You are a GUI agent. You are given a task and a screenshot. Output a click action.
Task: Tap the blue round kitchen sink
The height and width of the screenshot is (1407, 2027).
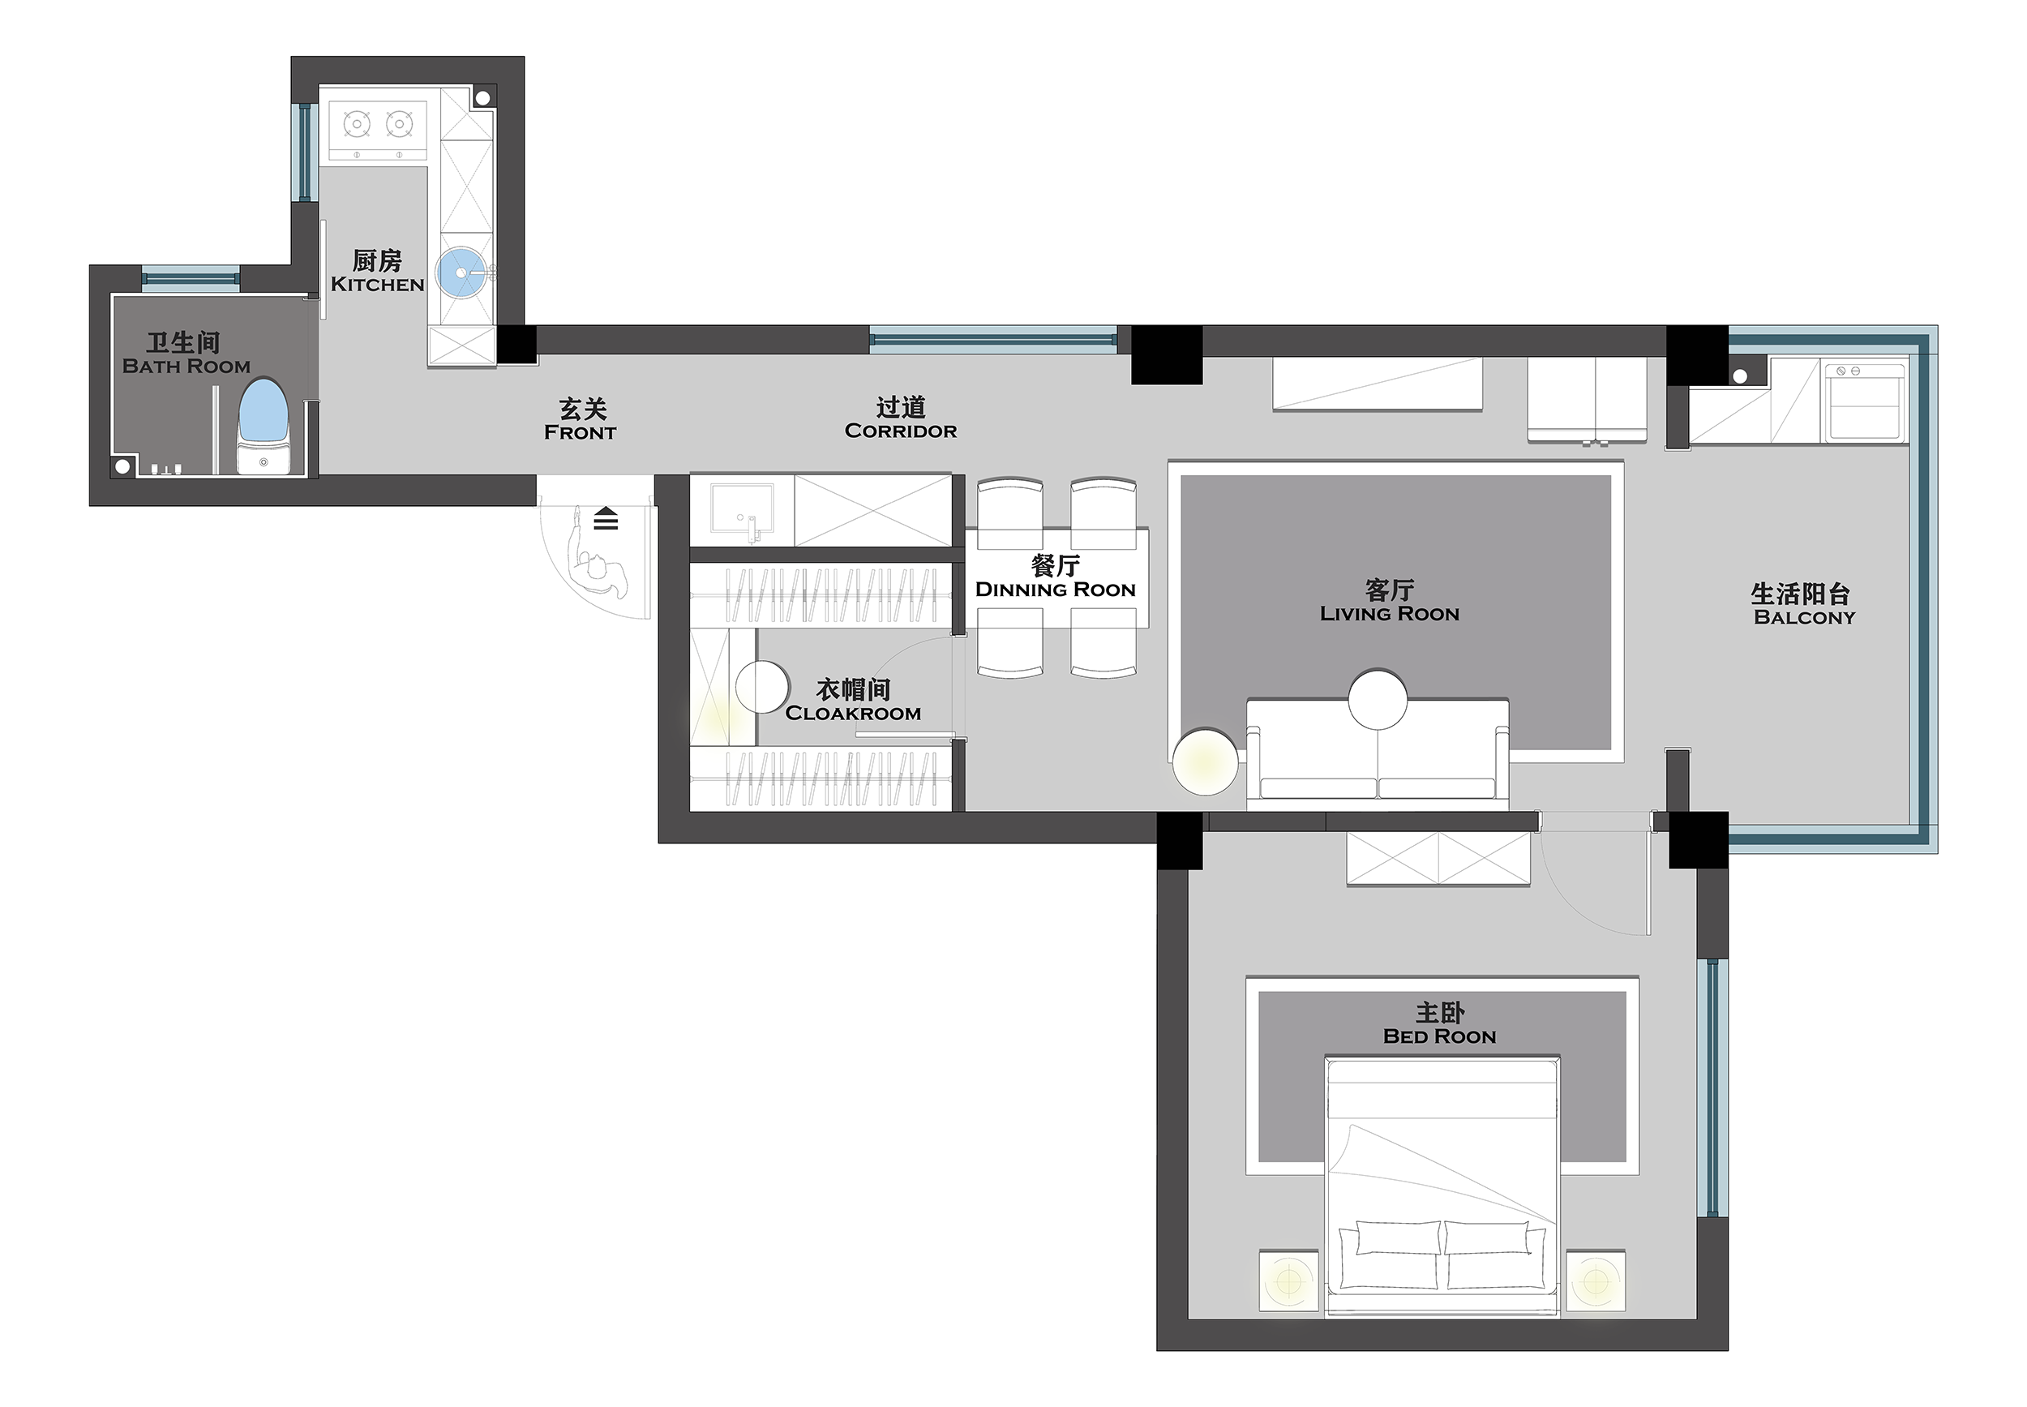pyautogui.click(x=461, y=272)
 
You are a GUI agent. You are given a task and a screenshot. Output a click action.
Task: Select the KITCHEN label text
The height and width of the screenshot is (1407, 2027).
pyautogui.click(x=377, y=285)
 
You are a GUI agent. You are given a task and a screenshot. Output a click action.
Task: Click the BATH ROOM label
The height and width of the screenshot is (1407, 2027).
pyautogui.click(x=186, y=367)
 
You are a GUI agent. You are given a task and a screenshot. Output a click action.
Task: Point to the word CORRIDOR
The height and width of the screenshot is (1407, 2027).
pyautogui.click(x=901, y=431)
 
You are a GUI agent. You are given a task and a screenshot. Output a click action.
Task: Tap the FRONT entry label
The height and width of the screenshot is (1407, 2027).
pyautogui.click(x=580, y=433)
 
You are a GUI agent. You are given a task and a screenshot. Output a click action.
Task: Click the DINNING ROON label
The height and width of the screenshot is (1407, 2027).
pyautogui.click(x=1055, y=590)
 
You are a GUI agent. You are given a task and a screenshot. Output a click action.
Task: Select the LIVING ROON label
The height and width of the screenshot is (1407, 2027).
pyautogui.click(x=1389, y=615)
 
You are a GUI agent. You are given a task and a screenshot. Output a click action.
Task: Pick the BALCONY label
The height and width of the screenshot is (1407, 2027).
pyautogui.click(x=1804, y=618)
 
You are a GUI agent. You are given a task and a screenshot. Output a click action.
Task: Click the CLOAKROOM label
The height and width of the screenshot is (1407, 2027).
pyautogui.click(x=853, y=713)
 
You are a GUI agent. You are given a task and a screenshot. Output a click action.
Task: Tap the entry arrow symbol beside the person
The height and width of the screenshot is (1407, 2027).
pyautogui.click(x=606, y=519)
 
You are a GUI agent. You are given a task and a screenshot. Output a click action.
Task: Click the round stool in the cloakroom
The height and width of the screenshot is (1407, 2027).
pyautogui.click(x=761, y=688)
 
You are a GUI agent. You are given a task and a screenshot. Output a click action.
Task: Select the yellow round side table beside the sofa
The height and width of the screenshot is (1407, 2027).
pyautogui.click(x=1205, y=761)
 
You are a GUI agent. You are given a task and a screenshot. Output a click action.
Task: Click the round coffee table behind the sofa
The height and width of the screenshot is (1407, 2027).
pyautogui.click(x=1378, y=699)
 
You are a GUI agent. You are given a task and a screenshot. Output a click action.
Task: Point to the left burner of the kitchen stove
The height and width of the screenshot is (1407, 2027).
pyautogui.click(x=356, y=123)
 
